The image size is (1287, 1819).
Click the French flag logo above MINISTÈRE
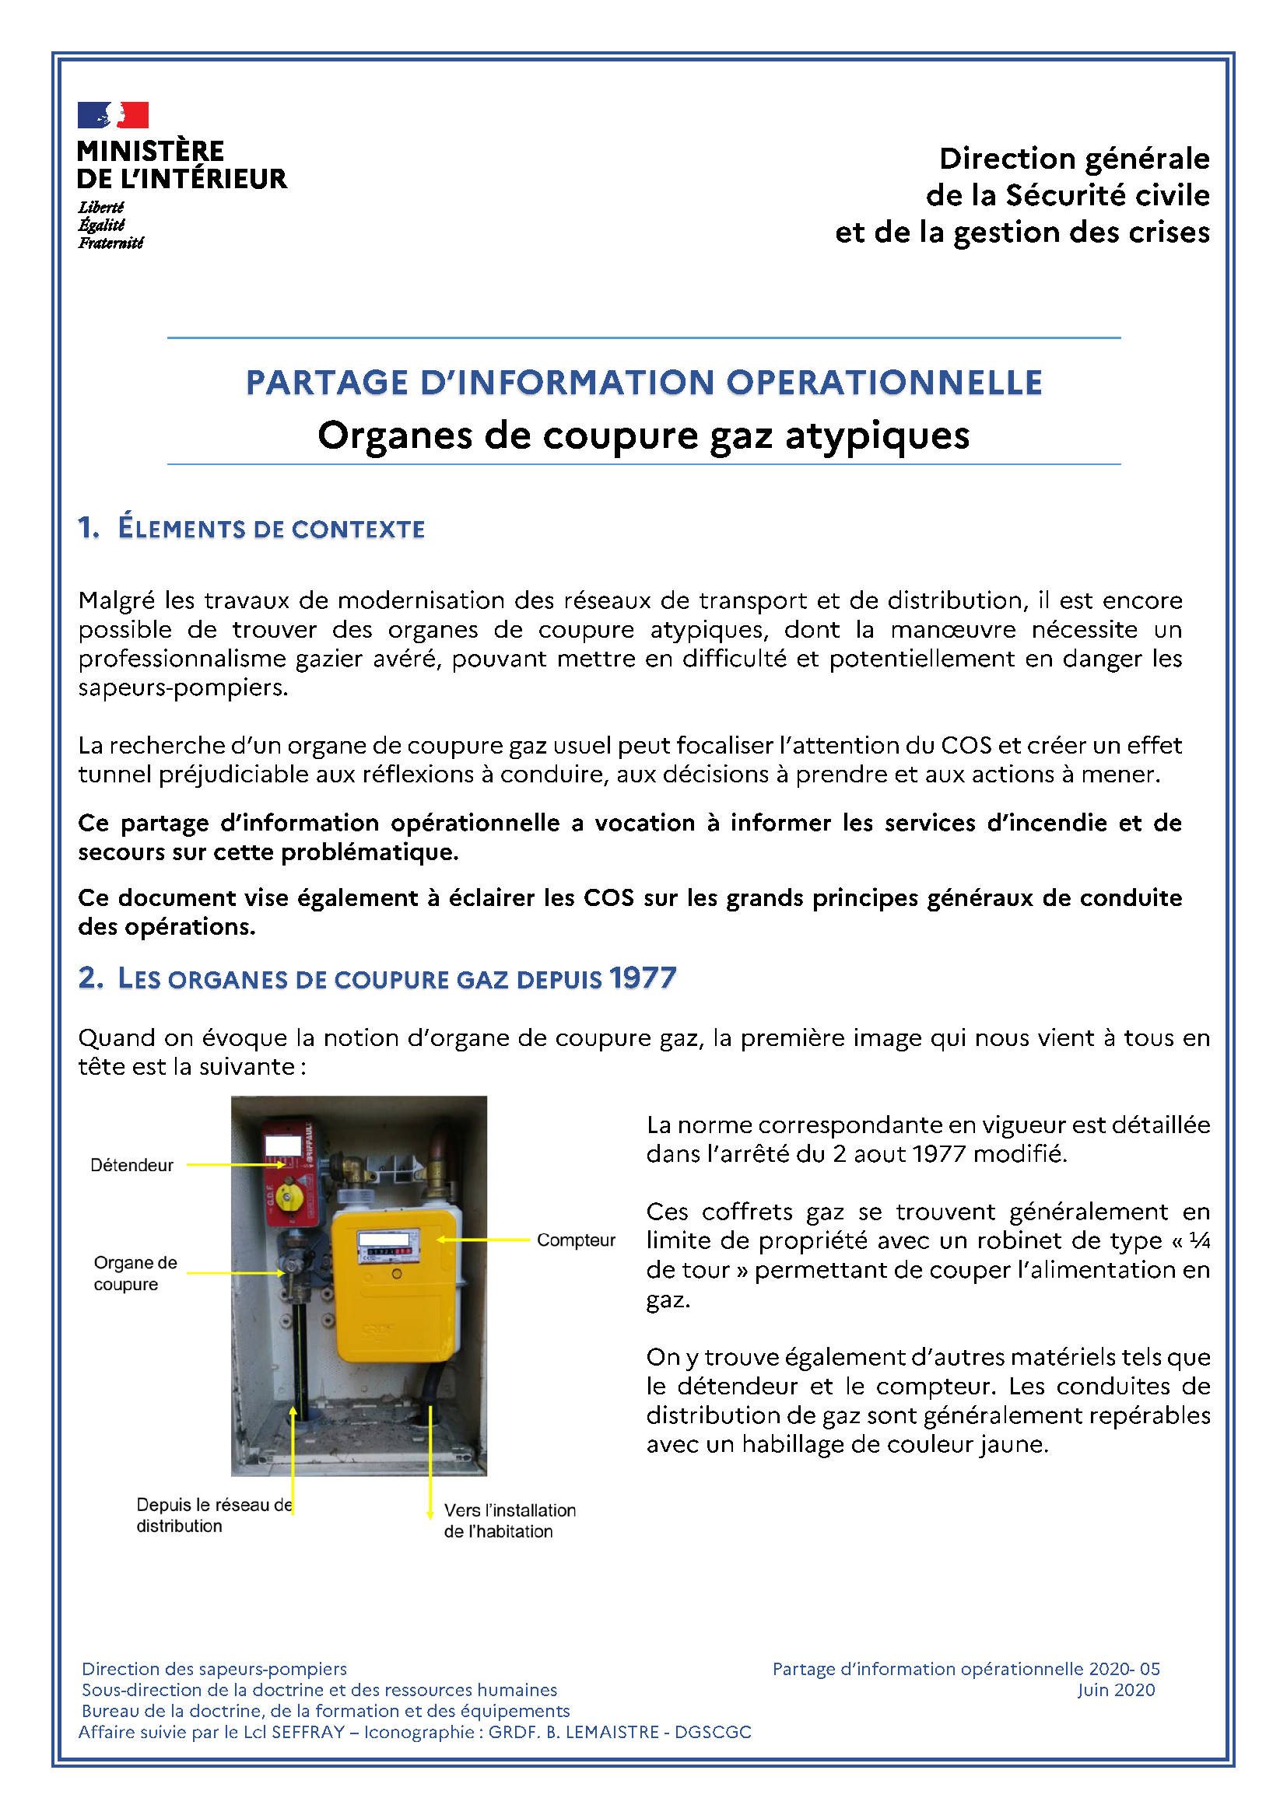[113, 115]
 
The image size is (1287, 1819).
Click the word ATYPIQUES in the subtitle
[876, 436]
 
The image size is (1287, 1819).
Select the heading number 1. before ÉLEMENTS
[88, 527]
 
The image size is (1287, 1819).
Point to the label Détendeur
[132, 1166]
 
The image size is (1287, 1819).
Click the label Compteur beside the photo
[575, 1240]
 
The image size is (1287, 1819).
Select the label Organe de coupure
[135, 1273]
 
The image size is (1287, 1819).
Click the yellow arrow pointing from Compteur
[483, 1240]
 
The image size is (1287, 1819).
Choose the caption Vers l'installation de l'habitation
[509, 1520]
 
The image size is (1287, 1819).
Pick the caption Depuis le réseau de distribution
[214, 1515]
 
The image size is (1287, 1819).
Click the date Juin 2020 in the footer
[1115, 1690]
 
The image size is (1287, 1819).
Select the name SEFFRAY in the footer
[307, 1732]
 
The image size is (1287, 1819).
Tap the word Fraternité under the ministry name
[111, 243]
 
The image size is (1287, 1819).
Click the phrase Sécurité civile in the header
[1107, 196]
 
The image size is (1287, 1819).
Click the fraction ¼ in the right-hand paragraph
[1199, 1240]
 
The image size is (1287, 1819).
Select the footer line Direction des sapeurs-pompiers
[214, 1668]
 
